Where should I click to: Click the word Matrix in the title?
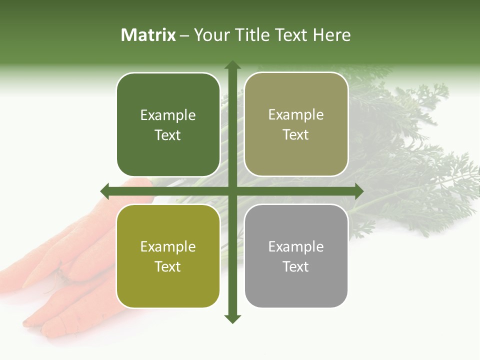(x=148, y=35)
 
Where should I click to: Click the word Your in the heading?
(x=211, y=35)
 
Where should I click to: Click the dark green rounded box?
(x=168, y=125)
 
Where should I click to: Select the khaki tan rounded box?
(x=296, y=125)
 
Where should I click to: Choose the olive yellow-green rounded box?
(x=168, y=256)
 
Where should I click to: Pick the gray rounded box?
(x=296, y=256)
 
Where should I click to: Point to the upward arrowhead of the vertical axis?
(x=232, y=65)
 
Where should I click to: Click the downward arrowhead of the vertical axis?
(x=232, y=318)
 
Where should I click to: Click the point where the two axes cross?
(x=232, y=191)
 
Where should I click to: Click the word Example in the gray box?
(x=296, y=246)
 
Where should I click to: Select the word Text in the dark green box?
(x=168, y=135)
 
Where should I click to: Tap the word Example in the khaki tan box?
(x=296, y=115)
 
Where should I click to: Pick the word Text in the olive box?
(x=168, y=267)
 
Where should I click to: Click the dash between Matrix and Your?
(x=184, y=35)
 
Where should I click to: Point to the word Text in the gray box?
(x=296, y=267)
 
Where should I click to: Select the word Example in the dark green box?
(x=168, y=115)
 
